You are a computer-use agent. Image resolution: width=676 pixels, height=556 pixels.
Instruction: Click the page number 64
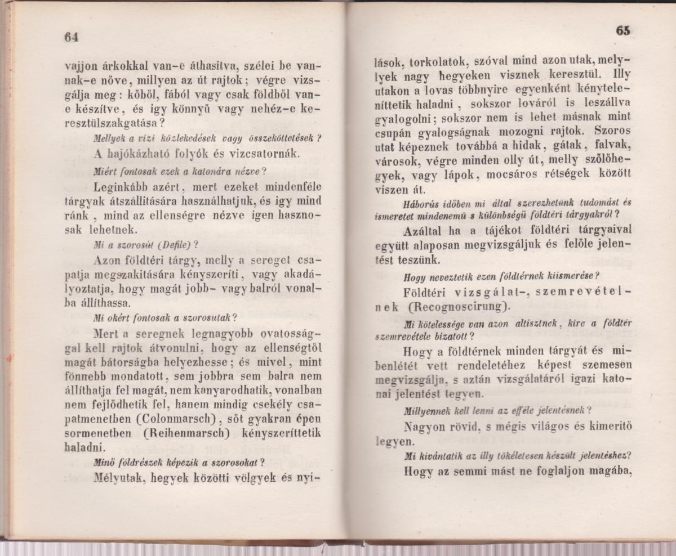70,37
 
